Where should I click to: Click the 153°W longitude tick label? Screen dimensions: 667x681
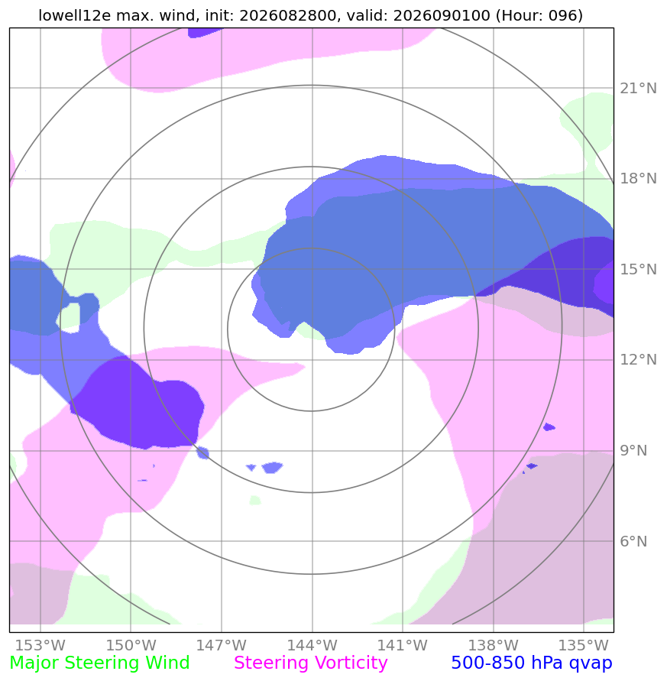pos(40,645)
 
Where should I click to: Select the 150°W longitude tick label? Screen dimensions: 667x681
pos(131,645)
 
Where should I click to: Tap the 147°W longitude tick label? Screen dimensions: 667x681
pos(221,645)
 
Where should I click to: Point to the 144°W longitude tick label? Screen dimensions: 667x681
pos(312,645)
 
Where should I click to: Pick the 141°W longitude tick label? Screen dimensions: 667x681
pos(402,645)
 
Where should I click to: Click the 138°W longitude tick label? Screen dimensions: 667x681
pos(493,645)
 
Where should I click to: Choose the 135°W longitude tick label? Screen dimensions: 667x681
pos(583,645)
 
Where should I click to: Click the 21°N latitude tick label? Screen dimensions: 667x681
pos(638,88)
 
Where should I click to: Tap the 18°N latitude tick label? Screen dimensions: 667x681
pos(638,179)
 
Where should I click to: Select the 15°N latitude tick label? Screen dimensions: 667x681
pos(638,269)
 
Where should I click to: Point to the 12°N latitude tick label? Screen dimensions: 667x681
pos(638,360)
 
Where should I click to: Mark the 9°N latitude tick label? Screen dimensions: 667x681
pos(633,450)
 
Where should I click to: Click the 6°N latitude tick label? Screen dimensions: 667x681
pos(633,541)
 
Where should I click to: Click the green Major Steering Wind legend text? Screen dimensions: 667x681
pos(99,663)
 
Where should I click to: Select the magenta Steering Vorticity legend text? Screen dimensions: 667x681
pos(310,663)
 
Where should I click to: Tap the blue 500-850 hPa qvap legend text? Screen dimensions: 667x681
pos(532,663)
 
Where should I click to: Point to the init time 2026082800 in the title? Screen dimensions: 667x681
pos(288,15)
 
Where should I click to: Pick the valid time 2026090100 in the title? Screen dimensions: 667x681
pos(442,15)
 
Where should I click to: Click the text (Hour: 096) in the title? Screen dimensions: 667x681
pos(539,15)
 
